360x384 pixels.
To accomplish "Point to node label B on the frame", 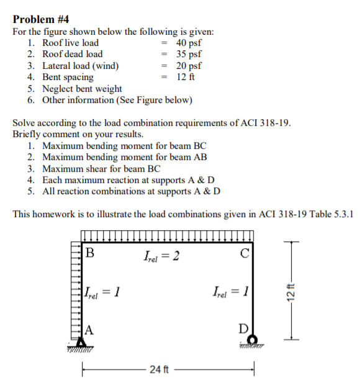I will (x=90, y=253).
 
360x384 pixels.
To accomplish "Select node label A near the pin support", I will (x=89, y=329).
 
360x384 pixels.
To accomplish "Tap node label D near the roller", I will (x=244, y=329).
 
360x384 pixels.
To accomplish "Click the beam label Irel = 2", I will (x=161, y=254).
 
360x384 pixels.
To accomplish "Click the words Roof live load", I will (x=70, y=43).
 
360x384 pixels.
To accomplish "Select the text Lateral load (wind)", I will (x=81, y=66).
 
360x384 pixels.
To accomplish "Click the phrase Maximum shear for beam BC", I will (x=102, y=168).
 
